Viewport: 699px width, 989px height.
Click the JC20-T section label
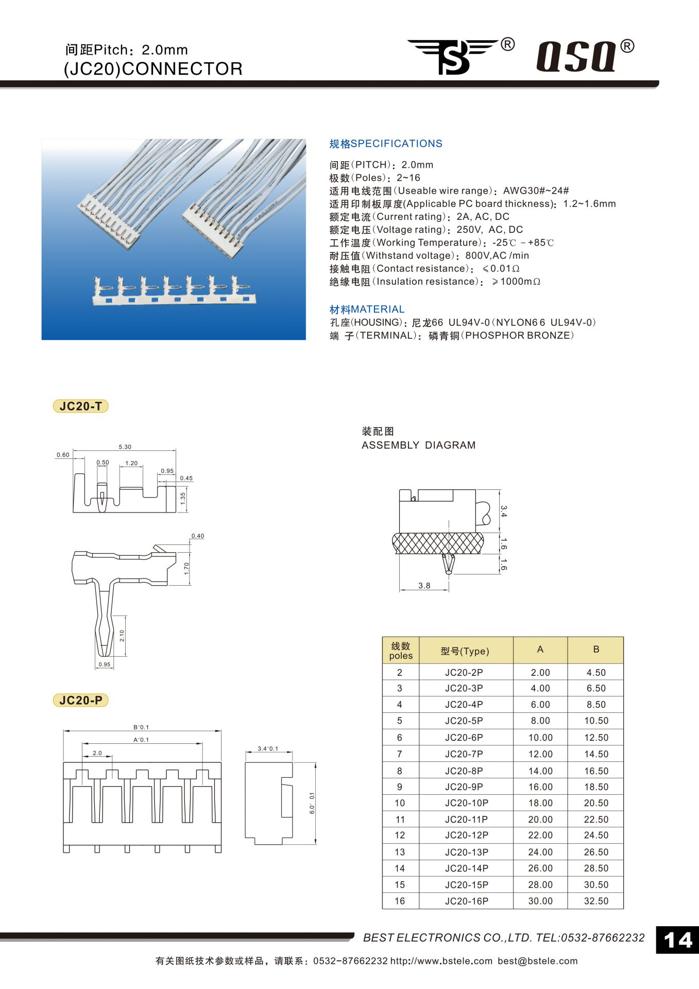coord(81,406)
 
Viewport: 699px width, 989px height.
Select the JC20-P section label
coord(81,701)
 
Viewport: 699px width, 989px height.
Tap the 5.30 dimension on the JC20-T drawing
coord(125,447)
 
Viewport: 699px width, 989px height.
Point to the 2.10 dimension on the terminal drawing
coord(122,636)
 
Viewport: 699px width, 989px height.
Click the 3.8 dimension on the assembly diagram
coord(424,586)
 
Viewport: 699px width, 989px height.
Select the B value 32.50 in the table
coord(596,901)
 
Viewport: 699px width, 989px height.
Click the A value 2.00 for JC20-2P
coord(540,672)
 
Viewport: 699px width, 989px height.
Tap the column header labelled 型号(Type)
coord(465,651)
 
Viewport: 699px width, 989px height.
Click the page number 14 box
coord(677,940)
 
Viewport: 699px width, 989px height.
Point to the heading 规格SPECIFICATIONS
coord(385,144)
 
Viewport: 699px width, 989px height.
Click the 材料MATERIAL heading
coord(367,309)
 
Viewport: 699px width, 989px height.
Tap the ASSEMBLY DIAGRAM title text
coord(418,445)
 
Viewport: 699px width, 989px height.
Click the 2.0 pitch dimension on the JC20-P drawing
coord(97,753)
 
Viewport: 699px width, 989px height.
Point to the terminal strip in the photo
coord(174,292)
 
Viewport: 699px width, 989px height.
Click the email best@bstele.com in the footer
coord(537,961)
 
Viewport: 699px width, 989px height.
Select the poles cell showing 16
coord(400,901)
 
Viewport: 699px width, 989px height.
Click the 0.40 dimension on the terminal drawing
coord(198,536)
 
